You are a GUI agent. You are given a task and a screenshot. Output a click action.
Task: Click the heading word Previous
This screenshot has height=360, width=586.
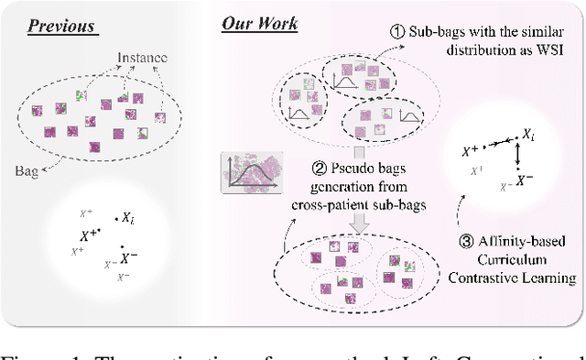(61, 24)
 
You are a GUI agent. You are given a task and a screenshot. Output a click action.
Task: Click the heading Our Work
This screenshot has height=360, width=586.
(259, 23)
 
